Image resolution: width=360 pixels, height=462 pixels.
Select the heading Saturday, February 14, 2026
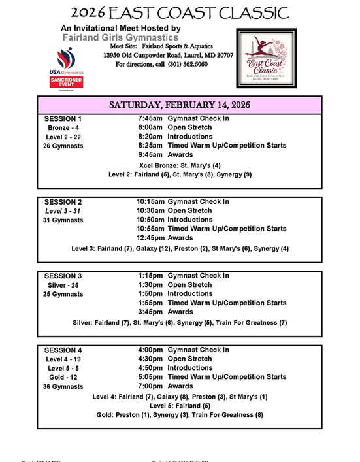pos(180,105)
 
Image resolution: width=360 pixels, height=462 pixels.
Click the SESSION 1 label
pos(63,119)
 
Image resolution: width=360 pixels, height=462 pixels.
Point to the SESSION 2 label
pos(63,202)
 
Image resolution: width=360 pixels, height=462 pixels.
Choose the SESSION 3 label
pos(63,276)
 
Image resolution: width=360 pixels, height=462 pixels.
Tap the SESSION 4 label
pos(63,350)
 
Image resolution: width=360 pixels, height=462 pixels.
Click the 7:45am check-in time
pos(150,118)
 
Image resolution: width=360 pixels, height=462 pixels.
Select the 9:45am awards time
pos(150,155)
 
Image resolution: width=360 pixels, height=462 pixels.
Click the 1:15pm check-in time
pos(152,276)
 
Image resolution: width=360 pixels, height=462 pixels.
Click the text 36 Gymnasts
pos(63,387)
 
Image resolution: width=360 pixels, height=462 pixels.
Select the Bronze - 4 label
pos(63,128)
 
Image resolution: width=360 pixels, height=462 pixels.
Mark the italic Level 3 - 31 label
pos(63,211)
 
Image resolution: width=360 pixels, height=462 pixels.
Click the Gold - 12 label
pos(63,378)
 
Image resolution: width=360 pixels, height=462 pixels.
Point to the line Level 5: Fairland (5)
pos(180,405)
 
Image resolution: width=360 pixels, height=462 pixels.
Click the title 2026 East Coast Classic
pos(180,12)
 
